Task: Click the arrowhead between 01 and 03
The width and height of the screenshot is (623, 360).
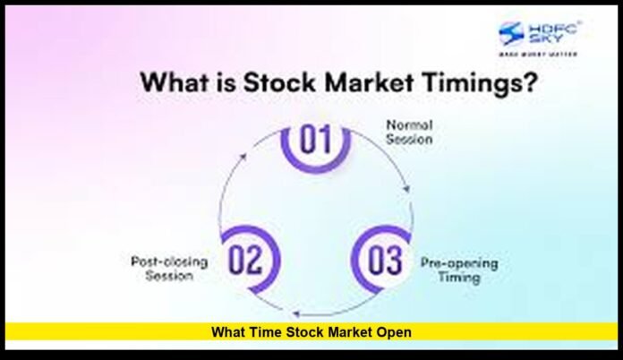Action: (409, 191)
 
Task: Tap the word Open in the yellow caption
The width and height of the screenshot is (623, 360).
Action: (393, 332)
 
